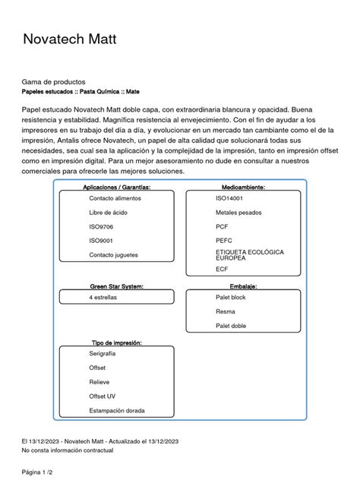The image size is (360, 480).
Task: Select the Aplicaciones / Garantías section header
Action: point(116,187)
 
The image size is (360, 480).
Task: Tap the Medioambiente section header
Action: point(243,187)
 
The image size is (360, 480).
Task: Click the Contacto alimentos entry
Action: point(115,198)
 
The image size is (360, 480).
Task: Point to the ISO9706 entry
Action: point(101,227)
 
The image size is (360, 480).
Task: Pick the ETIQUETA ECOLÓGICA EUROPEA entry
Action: point(249,254)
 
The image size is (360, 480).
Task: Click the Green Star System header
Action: point(116,286)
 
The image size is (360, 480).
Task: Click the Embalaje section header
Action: point(243,286)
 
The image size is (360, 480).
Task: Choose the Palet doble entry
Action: point(232,326)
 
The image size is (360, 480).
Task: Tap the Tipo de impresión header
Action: point(116,343)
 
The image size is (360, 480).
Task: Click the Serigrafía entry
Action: point(103,354)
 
